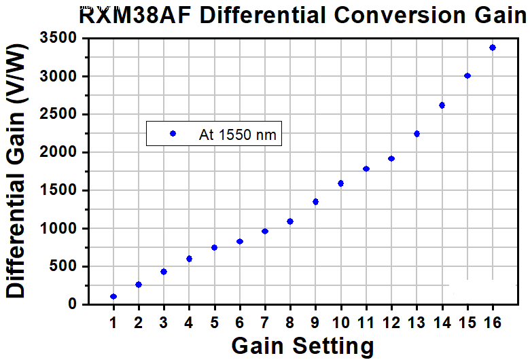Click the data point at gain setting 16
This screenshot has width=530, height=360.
[493, 48]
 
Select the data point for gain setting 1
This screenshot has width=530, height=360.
[113, 296]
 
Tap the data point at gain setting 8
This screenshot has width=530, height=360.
[290, 221]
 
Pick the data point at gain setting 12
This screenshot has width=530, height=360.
[391, 158]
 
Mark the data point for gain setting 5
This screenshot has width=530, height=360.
[214, 247]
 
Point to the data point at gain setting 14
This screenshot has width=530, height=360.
[442, 105]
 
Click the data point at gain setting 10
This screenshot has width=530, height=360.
[340, 183]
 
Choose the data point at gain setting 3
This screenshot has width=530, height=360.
[164, 272]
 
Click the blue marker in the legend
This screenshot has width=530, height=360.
[173, 134]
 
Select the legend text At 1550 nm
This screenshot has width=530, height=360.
[238, 134]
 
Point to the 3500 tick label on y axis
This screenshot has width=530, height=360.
[59, 37]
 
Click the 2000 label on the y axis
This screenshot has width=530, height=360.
[59, 152]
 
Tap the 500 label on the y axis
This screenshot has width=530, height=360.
[64, 266]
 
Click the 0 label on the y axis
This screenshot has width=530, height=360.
[73, 304]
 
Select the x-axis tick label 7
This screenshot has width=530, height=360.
[265, 323]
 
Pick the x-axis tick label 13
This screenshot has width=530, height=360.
[417, 323]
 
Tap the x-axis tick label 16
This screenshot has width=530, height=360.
[493, 323]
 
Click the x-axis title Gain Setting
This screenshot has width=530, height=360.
[303, 346]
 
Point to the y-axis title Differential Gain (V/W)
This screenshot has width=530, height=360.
[16, 170]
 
